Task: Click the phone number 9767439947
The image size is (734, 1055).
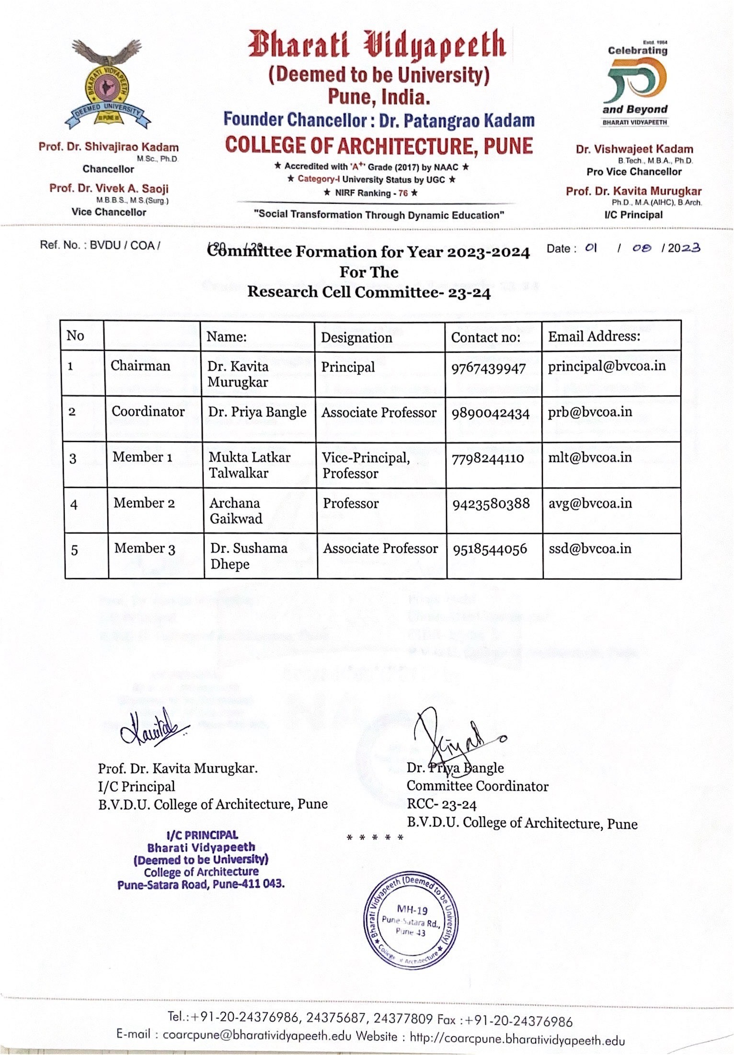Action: pyautogui.click(x=488, y=368)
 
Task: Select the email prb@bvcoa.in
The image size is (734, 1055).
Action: pyautogui.click(x=590, y=412)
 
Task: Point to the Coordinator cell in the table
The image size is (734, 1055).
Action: pyautogui.click(x=148, y=411)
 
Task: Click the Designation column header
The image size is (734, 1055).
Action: pyautogui.click(x=356, y=337)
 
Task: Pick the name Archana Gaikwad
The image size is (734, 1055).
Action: pyautogui.click(x=236, y=510)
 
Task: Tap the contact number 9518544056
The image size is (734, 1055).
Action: pyautogui.click(x=490, y=549)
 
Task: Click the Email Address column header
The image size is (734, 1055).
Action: pyautogui.click(x=594, y=336)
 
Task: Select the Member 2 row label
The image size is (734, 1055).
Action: pyautogui.click(x=144, y=503)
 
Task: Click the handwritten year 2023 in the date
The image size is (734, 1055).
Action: pyautogui.click(x=684, y=248)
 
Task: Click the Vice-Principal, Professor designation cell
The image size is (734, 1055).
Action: pyautogui.click(x=366, y=465)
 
